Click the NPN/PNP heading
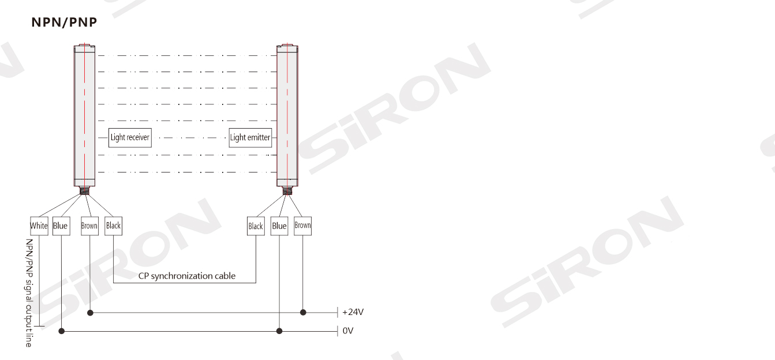point(64,22)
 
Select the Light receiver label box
point(130,138)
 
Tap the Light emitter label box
point(250,138)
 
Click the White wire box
point(39,226)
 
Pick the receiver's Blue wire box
point(61,226)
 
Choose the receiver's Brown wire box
point(89,226)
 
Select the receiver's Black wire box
point(114,226)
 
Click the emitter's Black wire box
point(256,226)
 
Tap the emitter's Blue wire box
point(279,226)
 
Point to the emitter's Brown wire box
point(303,226)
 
